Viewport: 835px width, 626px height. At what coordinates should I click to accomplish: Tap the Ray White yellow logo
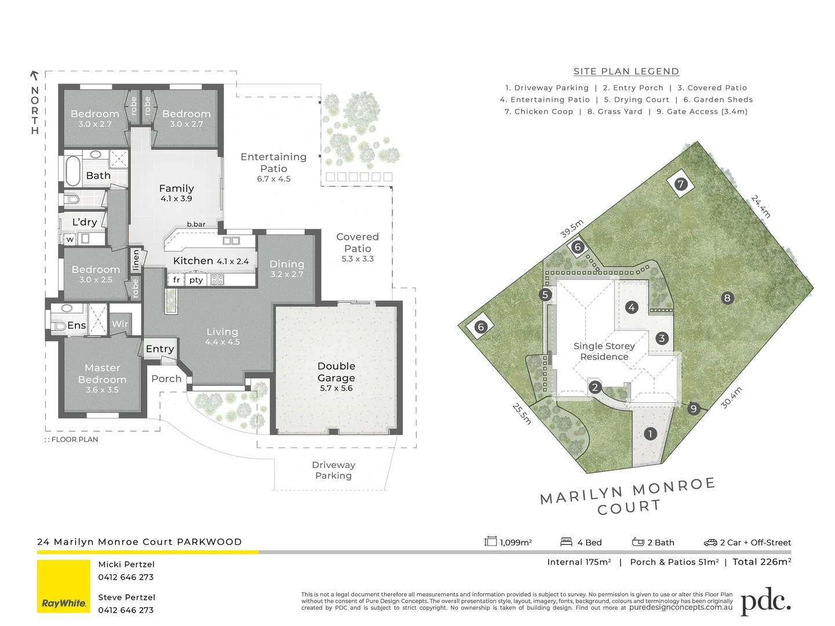click(64, 586)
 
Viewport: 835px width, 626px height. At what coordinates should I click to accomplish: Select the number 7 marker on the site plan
click(681, 184)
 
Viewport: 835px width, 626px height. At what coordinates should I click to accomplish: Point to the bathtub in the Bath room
click(72, 170)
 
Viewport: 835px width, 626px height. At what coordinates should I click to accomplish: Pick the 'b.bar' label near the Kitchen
click(196, 224)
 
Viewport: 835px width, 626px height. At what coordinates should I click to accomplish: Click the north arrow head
click(34, 75)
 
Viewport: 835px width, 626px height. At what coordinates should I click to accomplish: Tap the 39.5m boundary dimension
click(571, 229)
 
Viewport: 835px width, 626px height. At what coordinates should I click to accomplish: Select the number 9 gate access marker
click(693, 409)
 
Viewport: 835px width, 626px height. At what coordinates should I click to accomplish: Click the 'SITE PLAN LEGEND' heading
click(626, 71)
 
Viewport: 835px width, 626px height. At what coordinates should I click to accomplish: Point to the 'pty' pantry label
click(196, 280)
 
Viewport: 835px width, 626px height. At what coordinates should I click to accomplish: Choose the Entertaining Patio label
click(274, 163)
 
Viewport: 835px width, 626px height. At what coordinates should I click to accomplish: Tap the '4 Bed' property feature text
click(589, 543)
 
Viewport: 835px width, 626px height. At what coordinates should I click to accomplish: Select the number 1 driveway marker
click(650, 434)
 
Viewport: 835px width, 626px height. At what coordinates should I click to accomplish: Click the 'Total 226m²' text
click(761, 562)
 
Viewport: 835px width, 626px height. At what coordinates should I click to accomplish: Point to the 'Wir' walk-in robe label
click(120, 324)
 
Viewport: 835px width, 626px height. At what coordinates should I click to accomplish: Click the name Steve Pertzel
click(126, 597)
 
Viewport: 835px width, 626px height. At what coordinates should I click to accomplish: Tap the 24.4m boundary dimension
click(761, 206)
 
